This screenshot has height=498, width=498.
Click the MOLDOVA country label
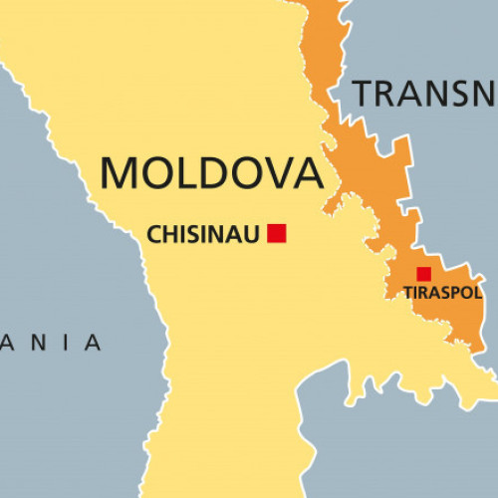pyautogui.click(x=212, y=171)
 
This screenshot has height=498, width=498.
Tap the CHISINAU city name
pyautogui.click(x=203, y=235)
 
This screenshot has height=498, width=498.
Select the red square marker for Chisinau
pyautogui.click(x=277, y=233)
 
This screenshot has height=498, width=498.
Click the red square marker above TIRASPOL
pyautogui.click(x=423, y=274)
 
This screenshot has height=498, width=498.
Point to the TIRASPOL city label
pyautogui.click(x=442, y=293)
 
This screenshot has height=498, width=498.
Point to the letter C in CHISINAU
pyautogui.click(x=153, y=235)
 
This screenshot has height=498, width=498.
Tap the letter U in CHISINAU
pyautogui.click(x=254, y=235)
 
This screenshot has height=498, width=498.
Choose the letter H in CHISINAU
pyautogui.click(x=168, y=235)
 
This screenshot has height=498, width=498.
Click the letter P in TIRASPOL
pyautogui.click(x=456, y=293)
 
